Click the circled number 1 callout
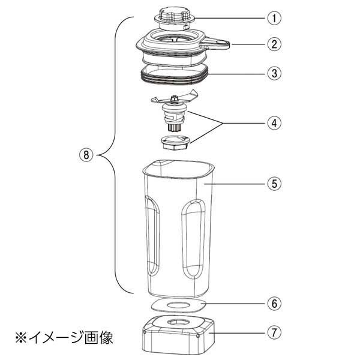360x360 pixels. (x=274, y=17)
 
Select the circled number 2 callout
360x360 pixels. (x=274, y=44)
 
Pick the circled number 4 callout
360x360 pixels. (x=274, y=123)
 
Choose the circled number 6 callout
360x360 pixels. (x=274, y=304)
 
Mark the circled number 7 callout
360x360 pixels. (x=274, y=331)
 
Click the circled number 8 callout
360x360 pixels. (x=87, y=155)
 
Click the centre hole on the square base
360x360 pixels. (x=175, y=324)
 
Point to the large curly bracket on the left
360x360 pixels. (x=114, y=155)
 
